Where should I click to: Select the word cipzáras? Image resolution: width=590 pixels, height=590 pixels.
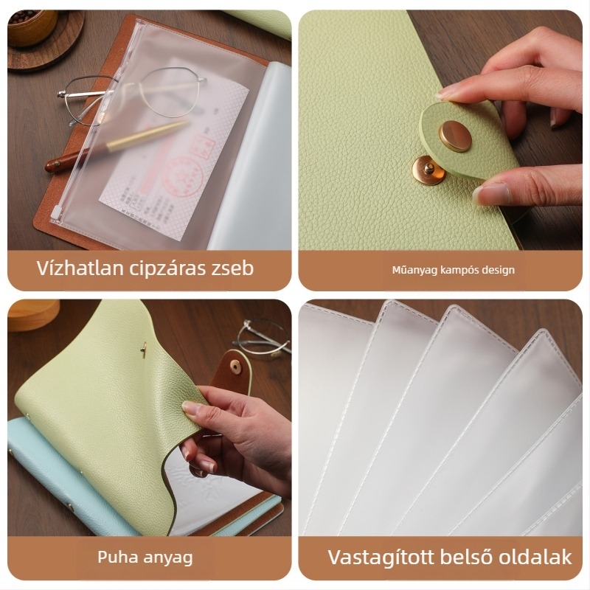coord(162,268)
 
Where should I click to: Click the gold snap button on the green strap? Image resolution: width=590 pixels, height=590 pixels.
coord(455,135)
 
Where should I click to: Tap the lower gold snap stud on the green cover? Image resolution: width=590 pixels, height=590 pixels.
coord(427,171)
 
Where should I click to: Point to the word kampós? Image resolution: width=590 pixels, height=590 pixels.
coord(458,270)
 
